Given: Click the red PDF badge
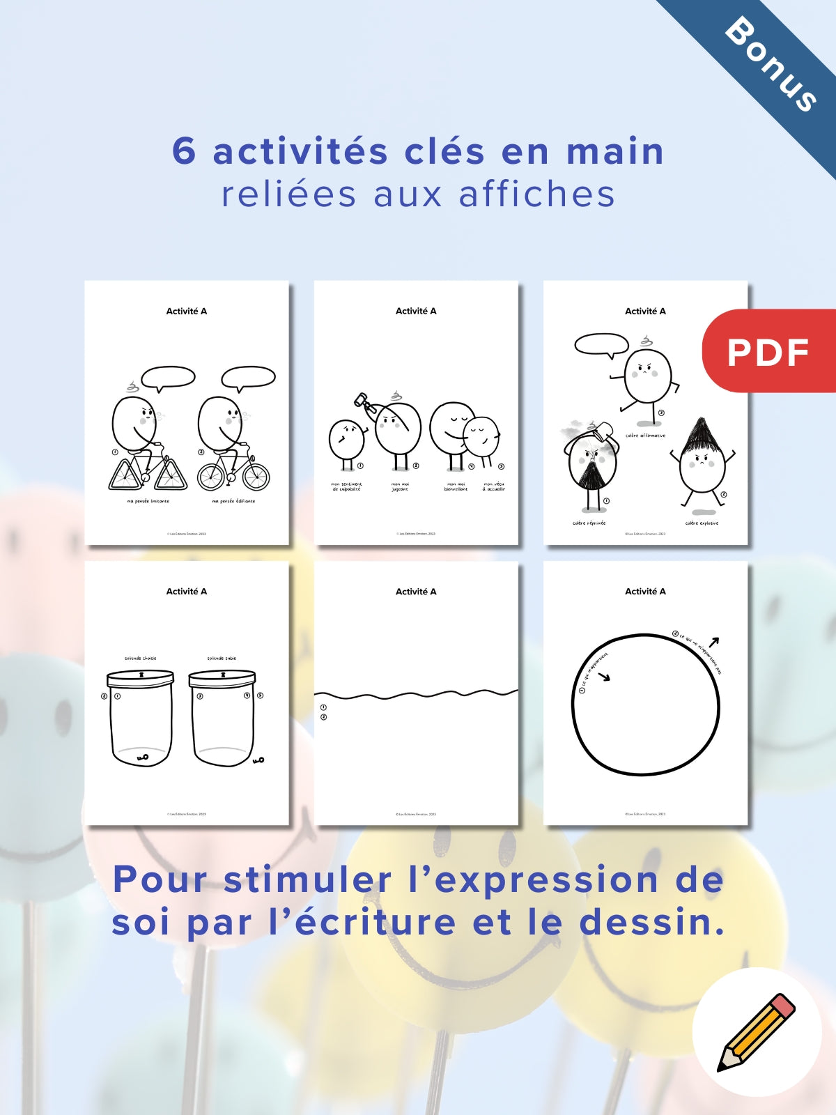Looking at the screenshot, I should point(769,351).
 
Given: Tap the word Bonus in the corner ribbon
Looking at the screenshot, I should point(771,64).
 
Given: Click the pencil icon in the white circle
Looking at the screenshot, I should point(757,1032).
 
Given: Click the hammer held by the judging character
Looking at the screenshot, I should point(364,402).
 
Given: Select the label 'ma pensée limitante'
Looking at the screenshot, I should point(148,501).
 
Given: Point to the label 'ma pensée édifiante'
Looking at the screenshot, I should point(233,501).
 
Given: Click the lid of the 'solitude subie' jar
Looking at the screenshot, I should point(222,676).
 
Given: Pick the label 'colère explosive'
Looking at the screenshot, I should point(702,523).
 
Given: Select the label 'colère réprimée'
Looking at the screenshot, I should point(589,523).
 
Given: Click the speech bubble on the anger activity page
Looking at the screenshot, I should point(601,344).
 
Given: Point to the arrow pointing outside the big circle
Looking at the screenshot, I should point(713,641).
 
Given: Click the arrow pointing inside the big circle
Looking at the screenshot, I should point(603,677).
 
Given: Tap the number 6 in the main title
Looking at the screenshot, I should point(184,151).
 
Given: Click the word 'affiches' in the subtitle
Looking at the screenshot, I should point(537,194).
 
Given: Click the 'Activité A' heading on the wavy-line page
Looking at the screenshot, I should point(416,591).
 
